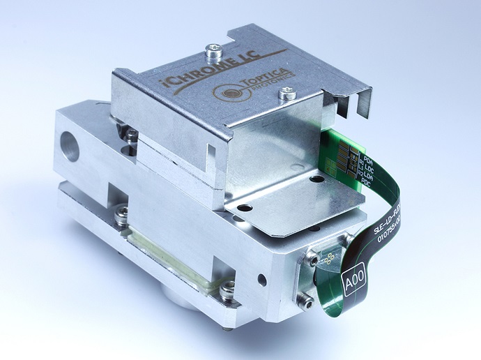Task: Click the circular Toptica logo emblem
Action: coord(228,90)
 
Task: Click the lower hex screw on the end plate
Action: coord(305,301)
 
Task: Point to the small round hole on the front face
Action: coord(261,280)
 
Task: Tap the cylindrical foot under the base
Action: coord(179,299)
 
